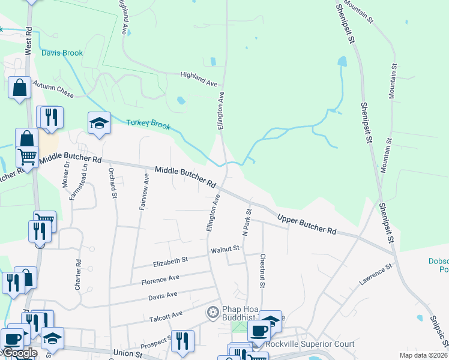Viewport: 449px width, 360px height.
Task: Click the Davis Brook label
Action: (x=62, y=53)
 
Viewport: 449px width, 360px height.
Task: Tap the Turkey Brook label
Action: (x=148, y=125)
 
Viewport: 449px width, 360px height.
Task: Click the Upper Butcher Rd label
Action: (x=307, y=224)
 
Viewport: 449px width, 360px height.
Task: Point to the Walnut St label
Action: (x=225, y=248)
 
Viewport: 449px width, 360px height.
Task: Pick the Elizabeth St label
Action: (x=170, y=260)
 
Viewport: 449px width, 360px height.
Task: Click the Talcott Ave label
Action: (x=169, y=314)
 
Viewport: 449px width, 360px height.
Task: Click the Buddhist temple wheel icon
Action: (x=212, y=312)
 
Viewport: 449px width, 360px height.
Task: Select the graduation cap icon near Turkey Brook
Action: (x=99, y=124)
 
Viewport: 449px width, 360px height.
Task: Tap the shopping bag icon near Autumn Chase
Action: (x=19, y=87)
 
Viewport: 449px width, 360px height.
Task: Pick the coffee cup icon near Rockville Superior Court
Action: (x=259, y=330)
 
